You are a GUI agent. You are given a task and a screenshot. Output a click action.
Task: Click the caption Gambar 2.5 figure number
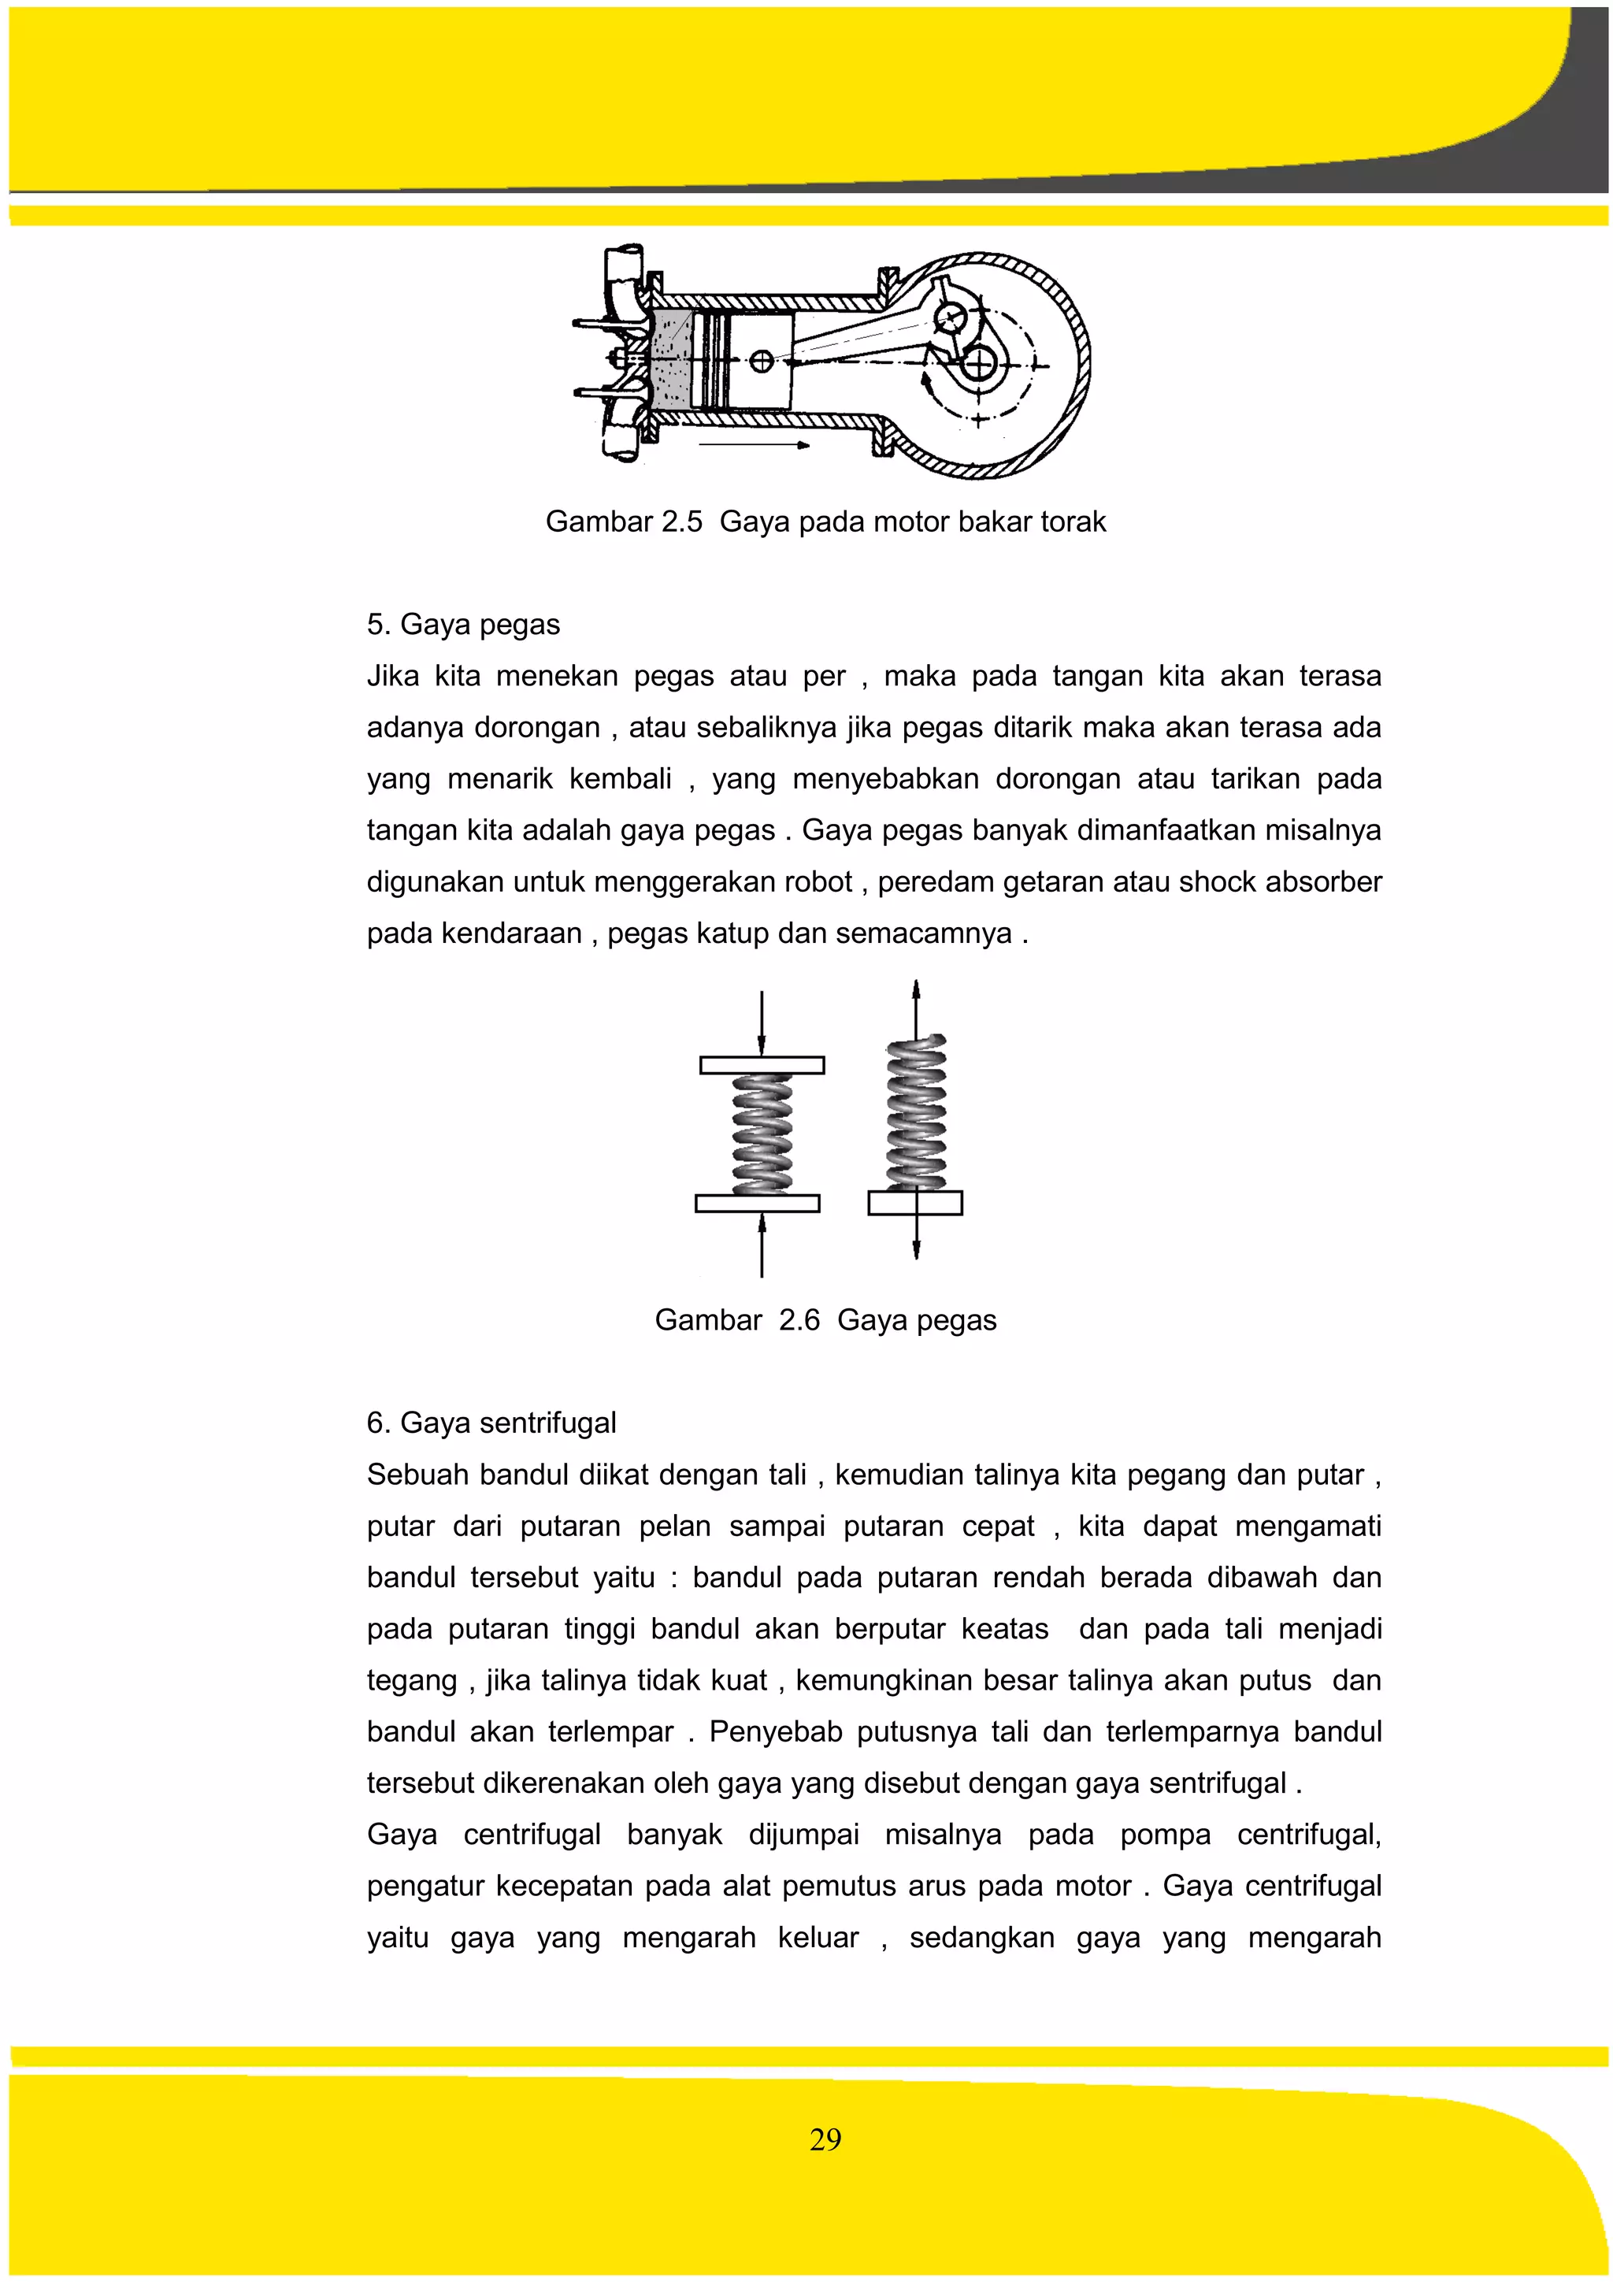[x=682, y=521]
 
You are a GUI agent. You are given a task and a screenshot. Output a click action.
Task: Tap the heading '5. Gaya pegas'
[x=463, y=624]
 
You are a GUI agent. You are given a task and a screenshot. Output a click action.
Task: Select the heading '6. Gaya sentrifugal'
[x=491, y=1423]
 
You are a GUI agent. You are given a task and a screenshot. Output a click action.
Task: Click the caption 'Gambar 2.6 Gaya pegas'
[x=825, y=1320]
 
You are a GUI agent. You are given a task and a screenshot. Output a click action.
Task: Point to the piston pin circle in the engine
[x=762, y=362]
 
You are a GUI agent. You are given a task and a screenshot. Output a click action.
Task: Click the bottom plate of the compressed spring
[x=758, y=1204]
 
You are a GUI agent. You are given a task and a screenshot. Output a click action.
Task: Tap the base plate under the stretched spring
[x=915, y=1204]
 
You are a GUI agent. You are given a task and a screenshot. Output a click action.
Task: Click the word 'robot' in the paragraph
[x=819, y=881]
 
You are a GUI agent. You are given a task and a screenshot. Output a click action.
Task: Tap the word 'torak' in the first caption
[x=1073, y=521]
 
